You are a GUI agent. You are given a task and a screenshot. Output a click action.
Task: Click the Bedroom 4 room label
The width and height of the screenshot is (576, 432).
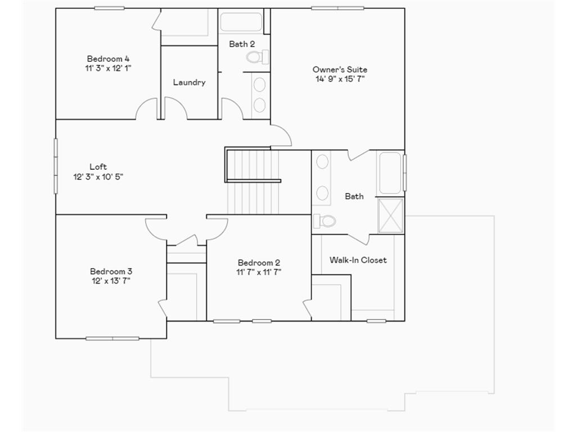[x=108, y=58]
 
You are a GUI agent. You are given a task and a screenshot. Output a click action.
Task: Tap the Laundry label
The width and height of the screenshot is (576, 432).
[x=189, y=82]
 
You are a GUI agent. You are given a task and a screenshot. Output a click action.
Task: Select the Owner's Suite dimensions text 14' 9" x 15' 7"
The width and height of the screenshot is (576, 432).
[x=340, y=79]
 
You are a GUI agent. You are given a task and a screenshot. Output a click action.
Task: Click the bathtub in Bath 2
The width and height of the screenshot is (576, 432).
[x=241, y=22]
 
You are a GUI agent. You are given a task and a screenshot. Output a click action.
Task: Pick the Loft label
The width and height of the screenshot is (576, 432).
[x=98, y=166]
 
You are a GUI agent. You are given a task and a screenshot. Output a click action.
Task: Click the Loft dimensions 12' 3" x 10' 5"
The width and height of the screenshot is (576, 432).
[x=98, y=177]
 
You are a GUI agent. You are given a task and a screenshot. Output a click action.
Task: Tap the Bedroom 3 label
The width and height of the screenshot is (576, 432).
[x=111, y=271]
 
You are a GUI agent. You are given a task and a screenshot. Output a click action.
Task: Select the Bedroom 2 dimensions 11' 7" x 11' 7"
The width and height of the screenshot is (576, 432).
[x=259, y=272]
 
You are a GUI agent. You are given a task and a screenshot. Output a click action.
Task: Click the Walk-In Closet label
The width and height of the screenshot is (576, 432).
[x=358, y=260]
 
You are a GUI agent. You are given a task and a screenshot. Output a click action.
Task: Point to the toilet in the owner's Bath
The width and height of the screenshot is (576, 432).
[x=325, y=220]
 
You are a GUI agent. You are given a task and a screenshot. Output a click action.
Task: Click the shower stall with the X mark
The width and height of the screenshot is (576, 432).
[x=390, y=215]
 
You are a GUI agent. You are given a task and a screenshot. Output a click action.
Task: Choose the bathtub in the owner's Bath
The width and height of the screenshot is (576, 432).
[x=390, y=173]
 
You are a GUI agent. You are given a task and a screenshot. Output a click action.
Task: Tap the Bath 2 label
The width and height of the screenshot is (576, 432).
[x=242, y=44]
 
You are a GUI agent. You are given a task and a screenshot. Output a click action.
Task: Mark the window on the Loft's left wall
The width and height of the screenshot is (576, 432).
[x=56, y=166]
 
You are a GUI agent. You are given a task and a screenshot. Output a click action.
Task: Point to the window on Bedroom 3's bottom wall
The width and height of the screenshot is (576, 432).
[x=112, y=339]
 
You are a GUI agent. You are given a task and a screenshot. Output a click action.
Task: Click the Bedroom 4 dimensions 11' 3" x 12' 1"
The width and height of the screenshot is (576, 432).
[x=108, y=68]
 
